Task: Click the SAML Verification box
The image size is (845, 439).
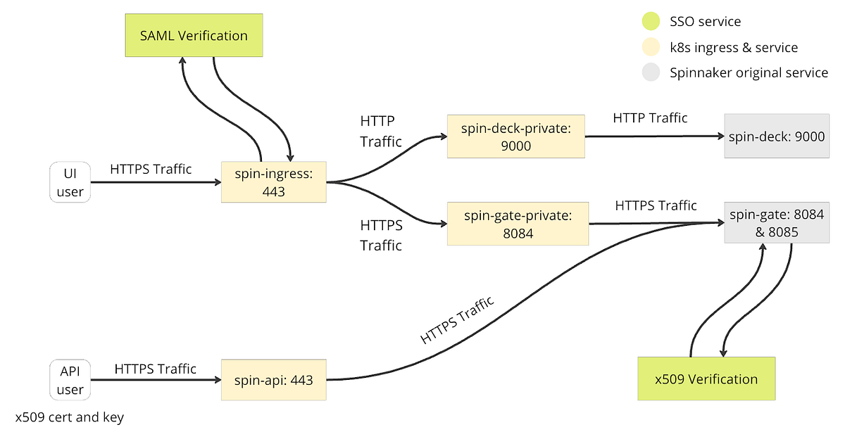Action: (193, 36)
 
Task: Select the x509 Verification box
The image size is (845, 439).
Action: (706, 379)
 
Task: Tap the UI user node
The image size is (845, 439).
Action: (70, 182)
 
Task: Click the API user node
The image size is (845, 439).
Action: (70, 380)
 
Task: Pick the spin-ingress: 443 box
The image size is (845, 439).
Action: (273, 182)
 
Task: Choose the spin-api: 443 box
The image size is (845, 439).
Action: (273, 380)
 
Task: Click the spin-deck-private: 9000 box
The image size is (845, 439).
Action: (515, 136)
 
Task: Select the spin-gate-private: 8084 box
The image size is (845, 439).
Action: (518, 224)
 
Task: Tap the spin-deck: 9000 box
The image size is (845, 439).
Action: (777, 136)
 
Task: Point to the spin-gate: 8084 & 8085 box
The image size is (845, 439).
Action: (777, 223)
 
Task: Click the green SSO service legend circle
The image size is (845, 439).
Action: (651, 22)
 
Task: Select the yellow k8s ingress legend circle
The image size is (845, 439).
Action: (651, 48)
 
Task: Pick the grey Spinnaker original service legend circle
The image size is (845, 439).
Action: (651, 72)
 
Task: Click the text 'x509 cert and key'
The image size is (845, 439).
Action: (70, 417)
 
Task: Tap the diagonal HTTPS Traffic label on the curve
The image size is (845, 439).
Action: (457, 320)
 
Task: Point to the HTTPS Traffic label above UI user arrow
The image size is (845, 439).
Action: (151, 169)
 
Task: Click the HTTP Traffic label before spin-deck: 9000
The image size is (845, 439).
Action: (650, 118)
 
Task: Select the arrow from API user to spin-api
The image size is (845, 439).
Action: (155, 380)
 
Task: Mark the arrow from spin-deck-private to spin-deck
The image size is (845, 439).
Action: (651, 136)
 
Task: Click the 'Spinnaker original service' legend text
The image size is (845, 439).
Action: (749, 72)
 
